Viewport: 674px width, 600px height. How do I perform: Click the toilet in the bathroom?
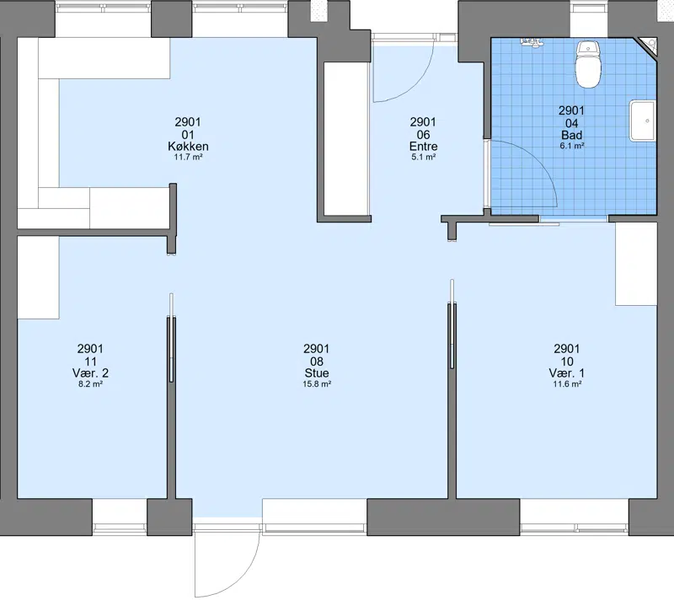tap(587, 65)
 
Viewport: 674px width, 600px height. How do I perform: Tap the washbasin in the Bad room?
tap(643, 121)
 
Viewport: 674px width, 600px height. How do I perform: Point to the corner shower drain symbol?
tap(648, 46)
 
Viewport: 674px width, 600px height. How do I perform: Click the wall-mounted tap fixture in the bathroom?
tap(532, 41)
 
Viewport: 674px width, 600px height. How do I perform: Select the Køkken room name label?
tap(188, 146)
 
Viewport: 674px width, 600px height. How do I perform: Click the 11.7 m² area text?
tap(188, 157)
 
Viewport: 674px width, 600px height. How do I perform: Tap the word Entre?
tap(423, 146)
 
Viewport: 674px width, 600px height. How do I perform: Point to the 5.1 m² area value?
tap(424, 157)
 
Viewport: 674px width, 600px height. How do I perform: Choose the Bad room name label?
tap(571, 135)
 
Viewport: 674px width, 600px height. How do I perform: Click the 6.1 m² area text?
tap(572, 145)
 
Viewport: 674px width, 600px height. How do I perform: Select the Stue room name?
tap(317, 372)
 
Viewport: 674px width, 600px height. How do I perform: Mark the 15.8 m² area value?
tap(317, 383)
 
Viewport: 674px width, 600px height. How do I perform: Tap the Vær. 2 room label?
tap(90, 372)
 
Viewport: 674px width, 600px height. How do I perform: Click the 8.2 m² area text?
tap(90, 383)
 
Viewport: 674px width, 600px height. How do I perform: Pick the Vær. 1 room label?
tap(566, 372)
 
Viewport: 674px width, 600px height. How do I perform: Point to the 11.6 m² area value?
tap(567, 383)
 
